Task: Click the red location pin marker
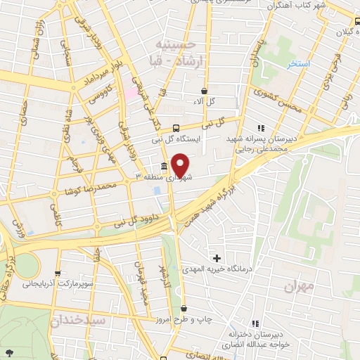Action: coord(180,165)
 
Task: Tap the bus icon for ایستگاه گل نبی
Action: coord(176,128)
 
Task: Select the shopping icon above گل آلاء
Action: coord(204,91)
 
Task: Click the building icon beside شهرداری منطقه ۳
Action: coord(164,167)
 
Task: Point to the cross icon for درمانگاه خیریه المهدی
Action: coord(217,259)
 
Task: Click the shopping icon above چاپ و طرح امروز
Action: coord(184,309)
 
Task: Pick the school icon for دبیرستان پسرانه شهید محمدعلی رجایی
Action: coord(261,128)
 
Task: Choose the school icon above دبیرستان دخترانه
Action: coord(255,323)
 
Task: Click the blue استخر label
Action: coord(299,64)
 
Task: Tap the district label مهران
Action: coord(297,288)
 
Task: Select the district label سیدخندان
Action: coord(77,320)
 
